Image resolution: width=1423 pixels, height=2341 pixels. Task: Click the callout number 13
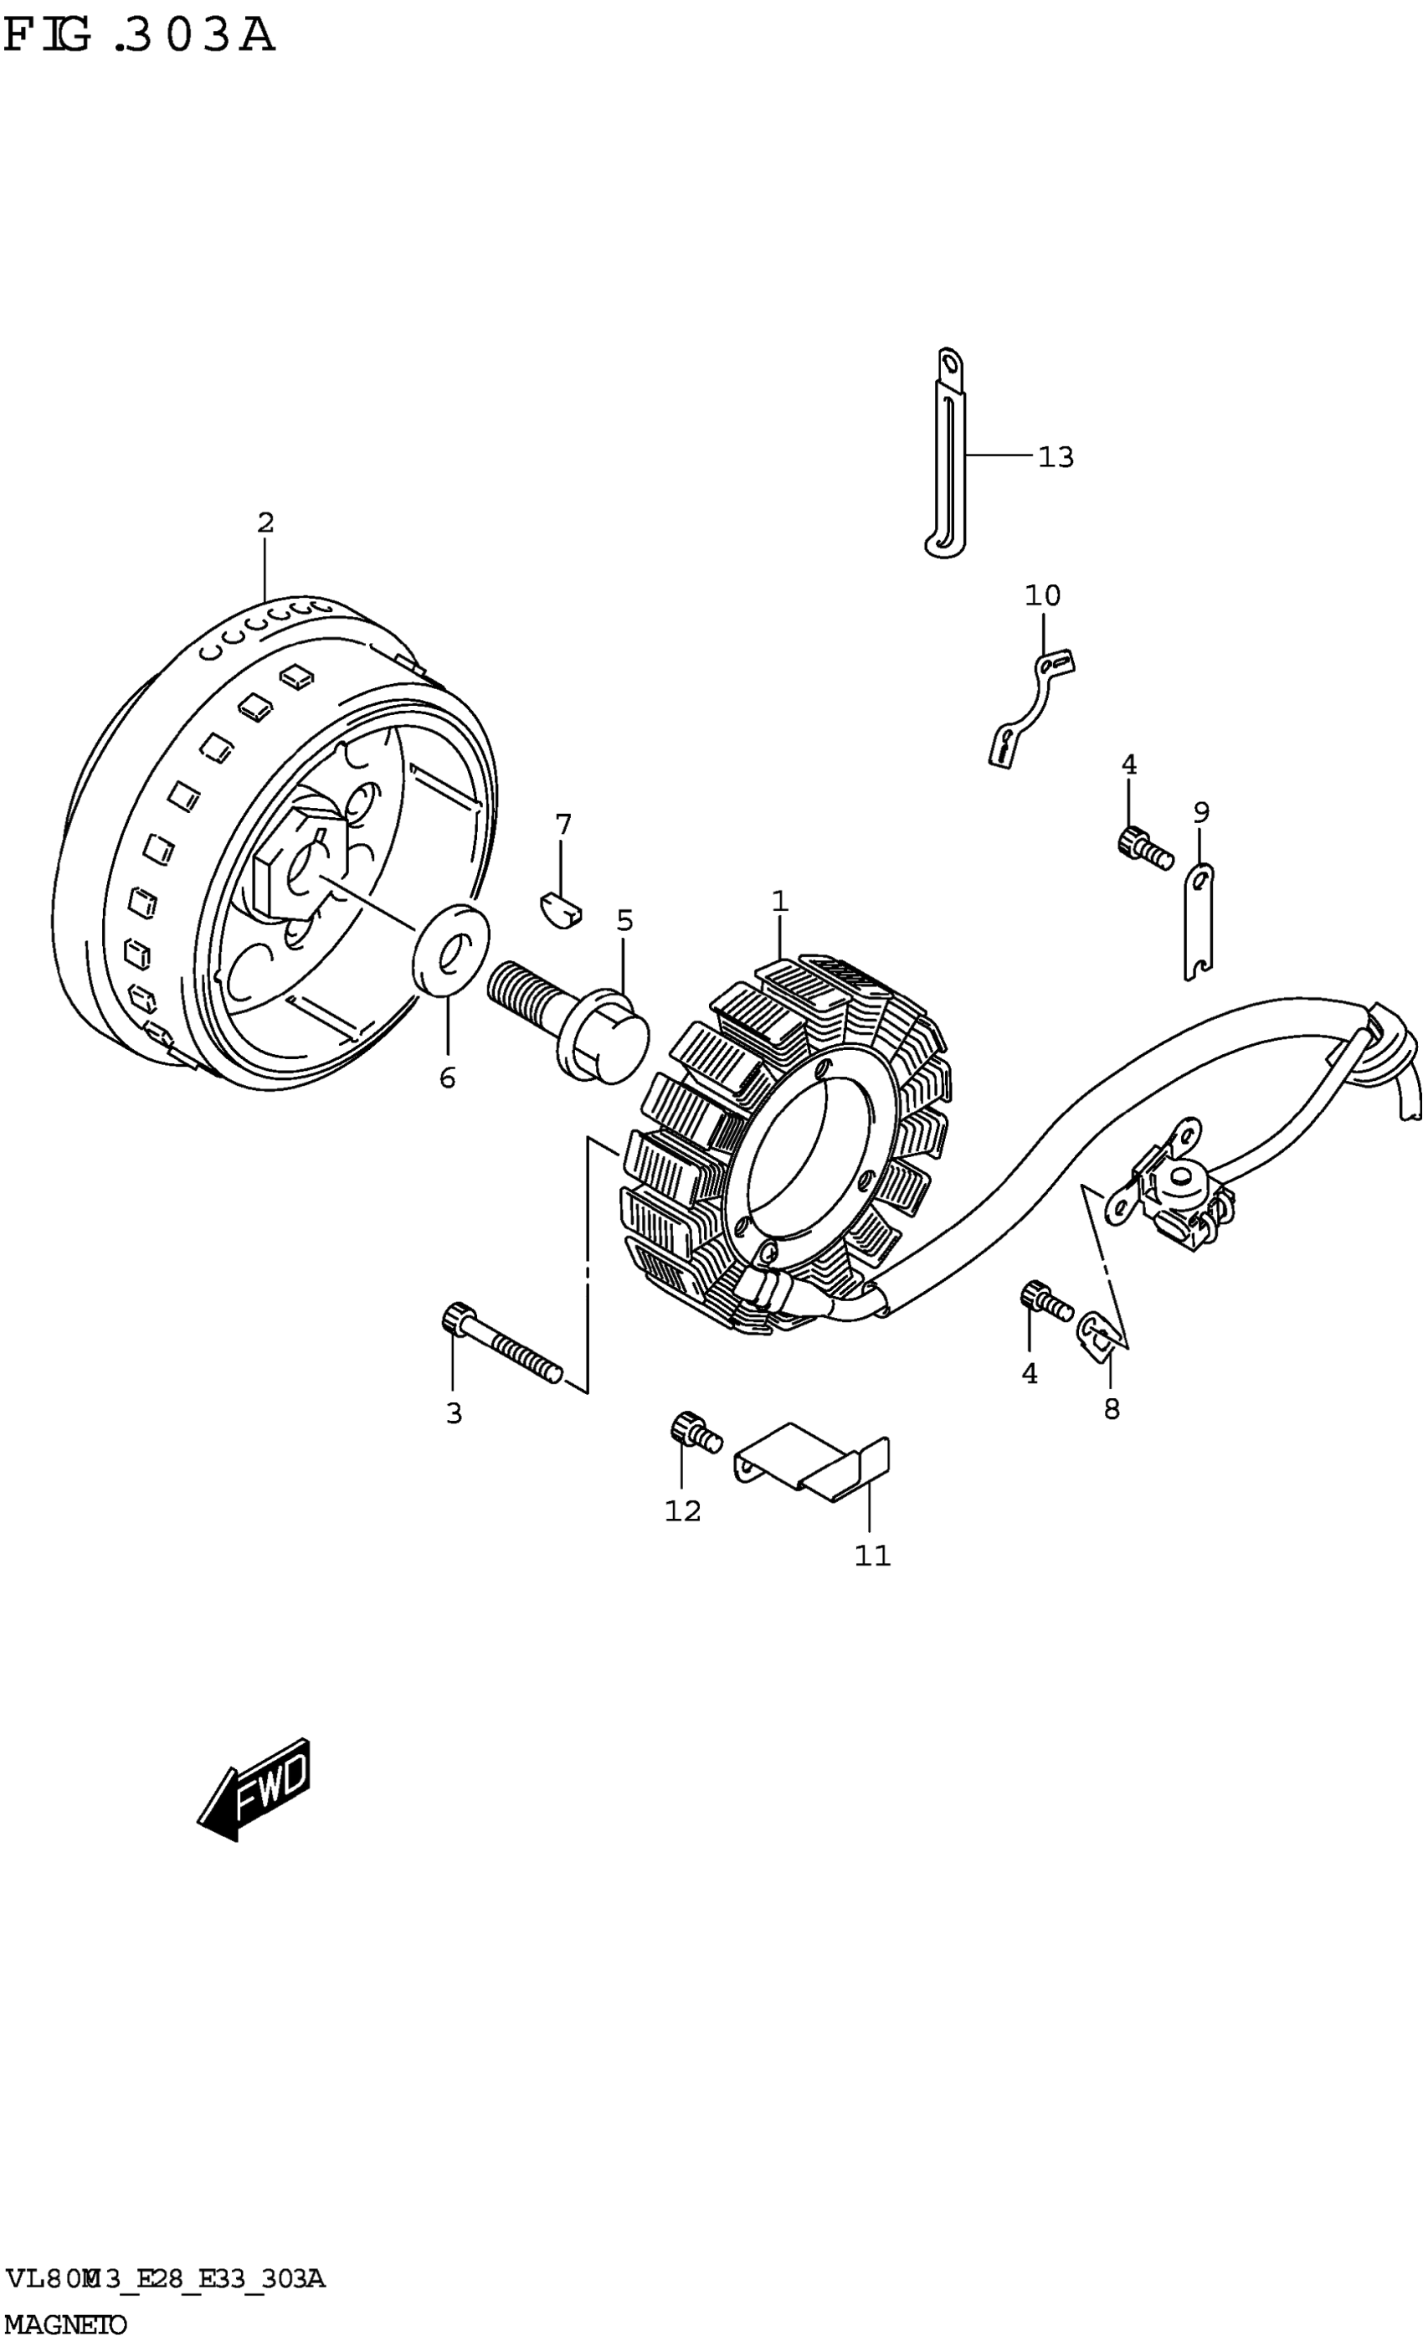click(x=1055, y=457)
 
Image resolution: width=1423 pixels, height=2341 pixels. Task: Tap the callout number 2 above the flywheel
click(x=265, y=522)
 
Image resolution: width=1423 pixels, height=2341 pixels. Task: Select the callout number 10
click(x=1042, y=595)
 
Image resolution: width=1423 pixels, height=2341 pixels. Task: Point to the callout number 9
click(x=1200, y=812)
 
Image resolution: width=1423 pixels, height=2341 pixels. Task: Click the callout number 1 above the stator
click(x=779, y=901)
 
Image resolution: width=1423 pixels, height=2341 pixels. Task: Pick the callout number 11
click(x=872, y=1556)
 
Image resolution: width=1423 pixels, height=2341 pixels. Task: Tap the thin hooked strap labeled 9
click(x=1198, y=922)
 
